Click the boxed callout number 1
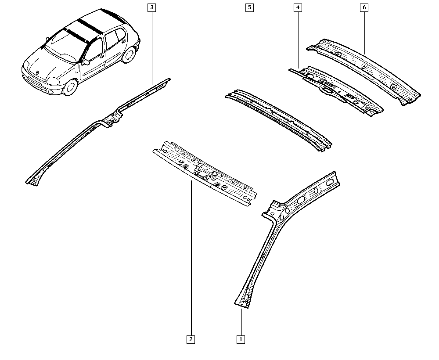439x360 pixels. pos(241,339)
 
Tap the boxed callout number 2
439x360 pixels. pos(191,339)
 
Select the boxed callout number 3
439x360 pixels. pos(152,7)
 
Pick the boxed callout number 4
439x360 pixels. pos(298,7)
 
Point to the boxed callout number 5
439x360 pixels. pos(249,7)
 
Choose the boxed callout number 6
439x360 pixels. pos(364,7)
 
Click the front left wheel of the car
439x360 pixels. pos(70,87)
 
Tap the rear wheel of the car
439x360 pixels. pos(129,54)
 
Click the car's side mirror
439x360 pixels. pos(86,62)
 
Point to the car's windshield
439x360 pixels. pos(65,45)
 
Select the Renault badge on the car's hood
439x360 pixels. pos(37,72)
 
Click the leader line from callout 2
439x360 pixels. pos(191,258)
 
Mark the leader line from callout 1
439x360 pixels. pos(241,322)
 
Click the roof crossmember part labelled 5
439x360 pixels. pos(279,120)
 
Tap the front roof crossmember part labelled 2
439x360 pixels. pos(205,173)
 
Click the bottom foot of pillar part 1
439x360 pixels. pos(242,302)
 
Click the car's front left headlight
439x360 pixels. pos(53,81)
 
